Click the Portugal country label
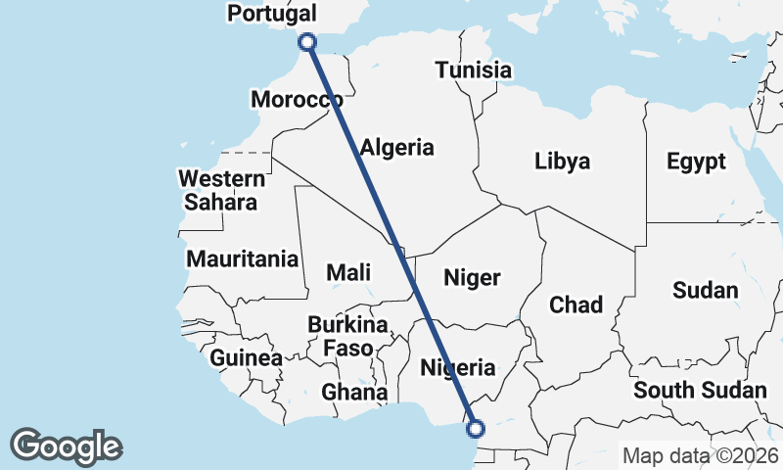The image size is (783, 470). coord(271,14)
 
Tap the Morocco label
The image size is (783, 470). coord(296,99)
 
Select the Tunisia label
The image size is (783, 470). coord(474,70)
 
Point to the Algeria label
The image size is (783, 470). coord(396,148)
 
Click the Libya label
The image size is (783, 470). coord(563,162)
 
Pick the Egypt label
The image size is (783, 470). coord(696,162)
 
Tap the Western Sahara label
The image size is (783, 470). coord(221,191)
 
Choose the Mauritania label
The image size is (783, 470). coord(242,259)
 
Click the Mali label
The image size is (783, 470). coord(349,273)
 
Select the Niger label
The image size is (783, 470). coord(472,277)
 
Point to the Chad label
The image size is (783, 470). coord(576,305)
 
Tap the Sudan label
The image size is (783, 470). coord(705,290)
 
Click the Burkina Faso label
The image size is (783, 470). coord(347,336)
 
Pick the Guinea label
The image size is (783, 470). coord(246,357)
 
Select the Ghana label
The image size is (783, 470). coord(354,393)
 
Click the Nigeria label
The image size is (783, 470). coord(458,368)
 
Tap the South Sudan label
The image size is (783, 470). coord(700,391)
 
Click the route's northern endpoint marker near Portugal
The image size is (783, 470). coord(307,41)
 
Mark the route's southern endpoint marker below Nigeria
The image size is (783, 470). coord(477,428)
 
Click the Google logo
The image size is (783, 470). coord(66,446)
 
